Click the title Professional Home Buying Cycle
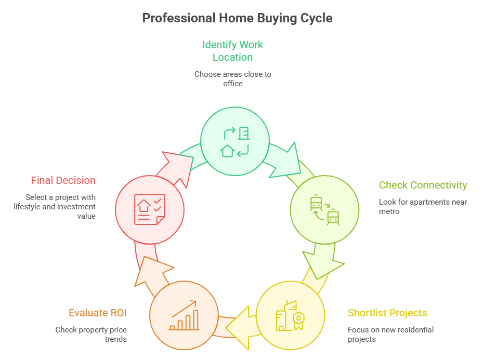237,18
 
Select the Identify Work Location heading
233,51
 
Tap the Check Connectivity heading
423,185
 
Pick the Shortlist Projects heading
387,313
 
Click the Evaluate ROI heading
98,313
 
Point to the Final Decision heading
63,180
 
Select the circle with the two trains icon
324,209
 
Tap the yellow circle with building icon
290,315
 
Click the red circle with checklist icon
150,209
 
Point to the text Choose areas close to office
233,78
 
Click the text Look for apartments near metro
423,207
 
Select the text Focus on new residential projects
390,335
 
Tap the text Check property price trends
91,335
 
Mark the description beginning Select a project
61,206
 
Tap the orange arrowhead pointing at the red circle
153,270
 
